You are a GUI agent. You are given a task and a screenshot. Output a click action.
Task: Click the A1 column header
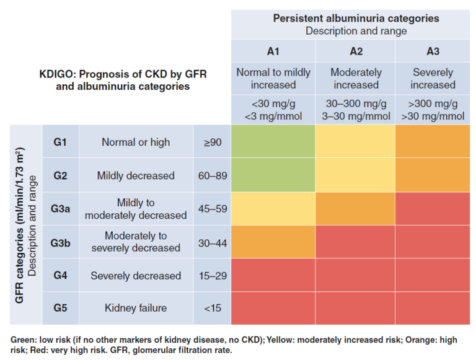pyautogui.click(x=273, y=50)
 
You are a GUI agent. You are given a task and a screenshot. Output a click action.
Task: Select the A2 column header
pyautogui.click(x=355, y=50)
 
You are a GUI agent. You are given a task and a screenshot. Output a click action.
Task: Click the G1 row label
pyautogui.click(x=60, y=142)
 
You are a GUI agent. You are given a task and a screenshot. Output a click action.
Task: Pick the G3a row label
pyautogui.click(x=60, y=209)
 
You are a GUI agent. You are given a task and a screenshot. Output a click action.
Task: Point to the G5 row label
pyautogui.click(x=60, y=308)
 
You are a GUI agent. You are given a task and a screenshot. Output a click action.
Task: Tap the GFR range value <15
pyautogui.click(x=212, y=308)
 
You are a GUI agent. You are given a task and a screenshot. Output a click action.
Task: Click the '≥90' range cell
pyautogui.click(x=213, y=143)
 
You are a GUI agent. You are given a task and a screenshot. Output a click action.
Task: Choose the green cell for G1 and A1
pyautogui.click(x=273, y=142)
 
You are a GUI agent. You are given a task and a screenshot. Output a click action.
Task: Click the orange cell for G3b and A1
pyautogui.click(x=273, y=242)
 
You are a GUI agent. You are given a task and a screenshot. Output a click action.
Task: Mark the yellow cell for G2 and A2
pyautogui.click(x=355, y=175)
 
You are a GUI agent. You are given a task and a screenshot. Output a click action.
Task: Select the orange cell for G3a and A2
pyautogui.click(x=355, y=209)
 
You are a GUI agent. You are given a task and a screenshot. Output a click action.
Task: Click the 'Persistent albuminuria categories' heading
pyautogui.click(x=356, y=18)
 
